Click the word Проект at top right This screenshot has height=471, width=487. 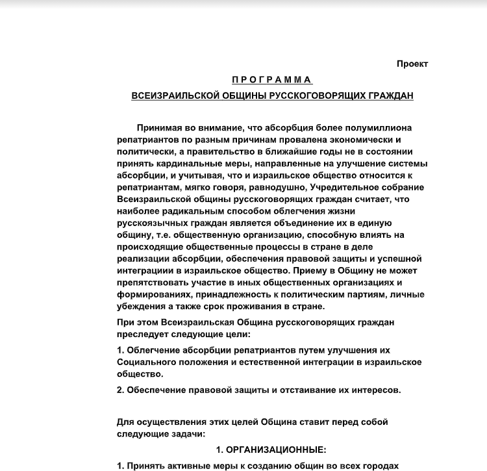coord(412,64)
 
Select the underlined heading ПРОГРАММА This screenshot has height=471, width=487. coord(272,80)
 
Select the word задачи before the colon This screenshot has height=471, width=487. coord(186,433)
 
